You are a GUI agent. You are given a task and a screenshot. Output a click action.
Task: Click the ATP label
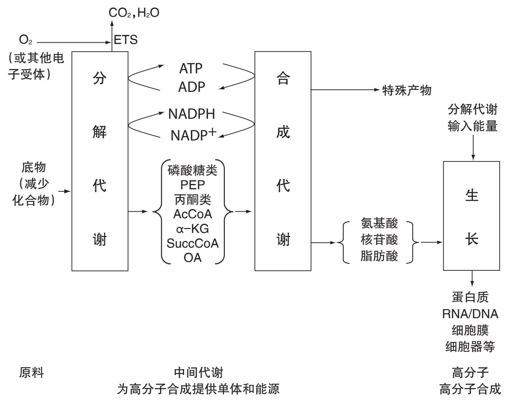[x=191, y=68]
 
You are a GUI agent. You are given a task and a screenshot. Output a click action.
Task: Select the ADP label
[x=191, y=87]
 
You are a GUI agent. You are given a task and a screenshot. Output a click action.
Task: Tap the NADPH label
[x=191, y=114]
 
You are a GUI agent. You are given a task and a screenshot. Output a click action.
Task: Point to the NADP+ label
[x=193, y=135]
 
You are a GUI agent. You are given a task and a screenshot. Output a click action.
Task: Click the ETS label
[x=126, y=40]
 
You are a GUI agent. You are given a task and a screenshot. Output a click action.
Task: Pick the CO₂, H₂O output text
[x=134, y=13]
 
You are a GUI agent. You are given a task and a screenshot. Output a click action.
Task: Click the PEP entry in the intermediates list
[x=192, y=185]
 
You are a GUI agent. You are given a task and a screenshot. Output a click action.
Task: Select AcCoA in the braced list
[x=192, y=214]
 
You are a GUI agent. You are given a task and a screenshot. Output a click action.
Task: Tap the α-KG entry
[x=192, y=229]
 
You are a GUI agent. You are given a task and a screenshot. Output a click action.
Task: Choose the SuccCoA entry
[x=192, y=243]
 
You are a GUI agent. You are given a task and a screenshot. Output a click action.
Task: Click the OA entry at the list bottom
[x=192, y=258]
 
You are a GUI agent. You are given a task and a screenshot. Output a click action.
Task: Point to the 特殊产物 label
[x=407, y=90]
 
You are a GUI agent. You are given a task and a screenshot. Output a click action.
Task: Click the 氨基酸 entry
[x=379, y=223]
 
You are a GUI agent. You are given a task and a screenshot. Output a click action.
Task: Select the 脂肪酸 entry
[x=379, y=256]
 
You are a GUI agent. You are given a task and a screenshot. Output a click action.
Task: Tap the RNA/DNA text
[x=470, y=314]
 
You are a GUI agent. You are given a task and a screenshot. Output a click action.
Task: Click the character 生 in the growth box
[x=471, y=195]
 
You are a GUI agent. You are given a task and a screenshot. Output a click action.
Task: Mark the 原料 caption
[x=31, y=373]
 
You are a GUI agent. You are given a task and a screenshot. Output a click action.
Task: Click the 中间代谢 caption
[x=198, y=373]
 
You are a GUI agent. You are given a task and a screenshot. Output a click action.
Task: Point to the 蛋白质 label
[x=470, y=297]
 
